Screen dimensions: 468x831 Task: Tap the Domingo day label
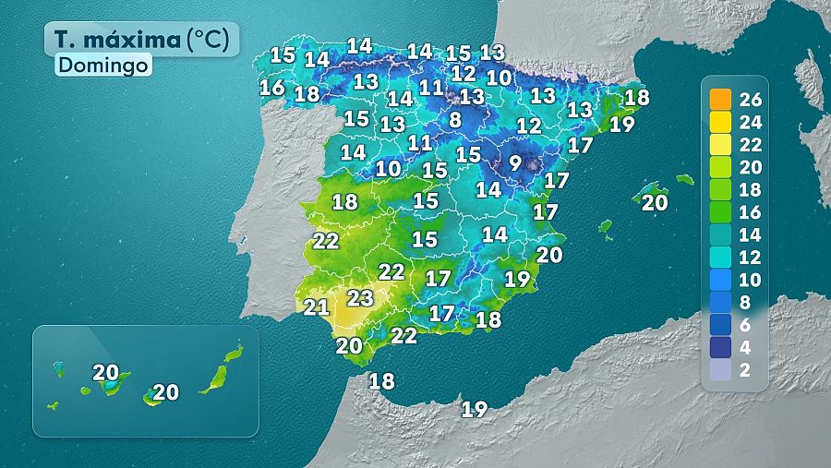(x=102, y=66)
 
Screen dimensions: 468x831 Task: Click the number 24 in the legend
(x=751, y=122)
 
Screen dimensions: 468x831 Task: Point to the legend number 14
(x=751, y=234)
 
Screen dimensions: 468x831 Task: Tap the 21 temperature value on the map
(x=317, y=307)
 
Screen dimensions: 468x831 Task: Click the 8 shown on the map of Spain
(x=454, y=120)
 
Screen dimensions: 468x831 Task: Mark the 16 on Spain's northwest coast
(x=271, y=88)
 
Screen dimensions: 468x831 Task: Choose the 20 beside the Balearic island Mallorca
(x=654, y=203)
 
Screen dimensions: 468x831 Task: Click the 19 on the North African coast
(x=474, y=409)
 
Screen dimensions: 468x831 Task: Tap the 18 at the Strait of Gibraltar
(x=381, y=380)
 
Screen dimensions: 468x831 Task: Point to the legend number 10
(x=751, y=280)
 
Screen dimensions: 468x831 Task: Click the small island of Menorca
(x=684, y=179)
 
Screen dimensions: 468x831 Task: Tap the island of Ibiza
(x=606, y=226)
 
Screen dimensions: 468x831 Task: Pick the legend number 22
(x=751, y=145)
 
